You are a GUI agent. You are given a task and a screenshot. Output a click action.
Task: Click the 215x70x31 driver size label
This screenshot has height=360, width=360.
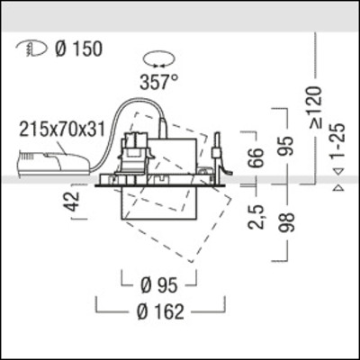[x=60, y=128]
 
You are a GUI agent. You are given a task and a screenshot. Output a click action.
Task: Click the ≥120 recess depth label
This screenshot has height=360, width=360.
[x=314, y=106]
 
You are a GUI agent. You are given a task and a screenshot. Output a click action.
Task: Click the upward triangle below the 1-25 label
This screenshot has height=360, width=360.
[x=337, y=189]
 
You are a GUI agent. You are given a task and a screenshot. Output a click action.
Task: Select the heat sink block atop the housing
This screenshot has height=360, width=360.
[x=135, y=152]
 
